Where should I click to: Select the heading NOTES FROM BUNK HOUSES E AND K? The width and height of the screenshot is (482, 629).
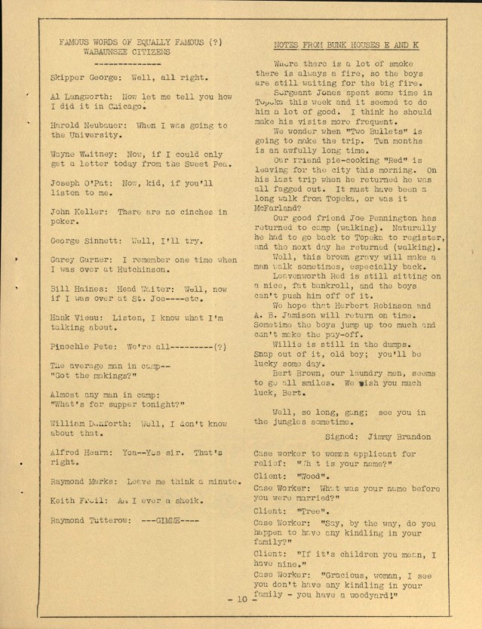[x=347, y=45]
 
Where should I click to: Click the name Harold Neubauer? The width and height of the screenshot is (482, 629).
[x=85, y=125]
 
